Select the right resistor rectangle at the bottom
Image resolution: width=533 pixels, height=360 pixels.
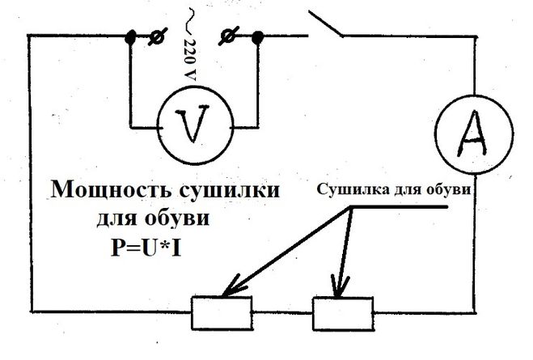pos(343,309)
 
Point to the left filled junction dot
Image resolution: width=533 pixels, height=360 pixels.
pos(129,37)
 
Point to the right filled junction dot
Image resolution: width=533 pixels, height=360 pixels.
pos(259,37)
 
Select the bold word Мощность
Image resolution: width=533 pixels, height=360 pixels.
pos(105,191)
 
